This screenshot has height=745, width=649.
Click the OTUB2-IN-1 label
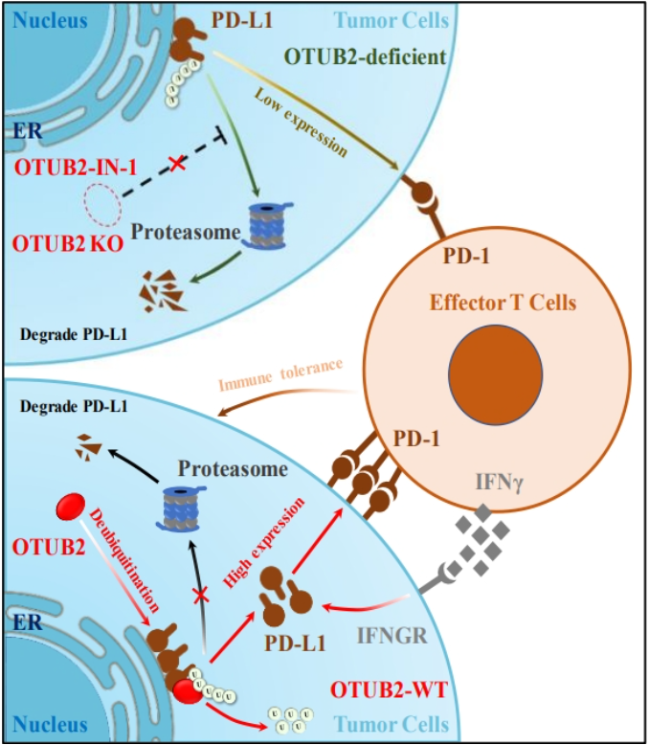click(x=76, y=167)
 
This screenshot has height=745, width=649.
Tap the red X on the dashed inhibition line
click(x=177, y=164)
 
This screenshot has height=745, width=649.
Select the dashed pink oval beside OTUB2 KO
click(x=102, y=205)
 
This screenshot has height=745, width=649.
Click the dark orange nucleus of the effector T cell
click(x=496, y=374)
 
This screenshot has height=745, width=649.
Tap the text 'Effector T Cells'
click(x=503, y=303)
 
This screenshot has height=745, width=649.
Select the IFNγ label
click(x=500, y=484)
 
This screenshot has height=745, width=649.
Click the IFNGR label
click(x=392, y=635)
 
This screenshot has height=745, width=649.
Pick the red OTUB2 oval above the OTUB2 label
click(x=71, y=507)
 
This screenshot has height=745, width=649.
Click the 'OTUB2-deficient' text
click(x=366, y=57)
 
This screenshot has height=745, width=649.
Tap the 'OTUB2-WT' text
click(x=389, y=689)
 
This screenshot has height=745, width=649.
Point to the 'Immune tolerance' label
click(x=280, y=375)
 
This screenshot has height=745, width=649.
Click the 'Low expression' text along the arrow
click(x=302, y=123)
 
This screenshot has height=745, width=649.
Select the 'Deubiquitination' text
click(x=124, y=560)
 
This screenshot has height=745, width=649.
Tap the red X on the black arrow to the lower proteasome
click(x=201, y=595)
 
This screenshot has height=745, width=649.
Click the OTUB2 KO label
click(x=68, y=244)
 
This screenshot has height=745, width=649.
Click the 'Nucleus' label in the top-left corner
click(x=51, y=21)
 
